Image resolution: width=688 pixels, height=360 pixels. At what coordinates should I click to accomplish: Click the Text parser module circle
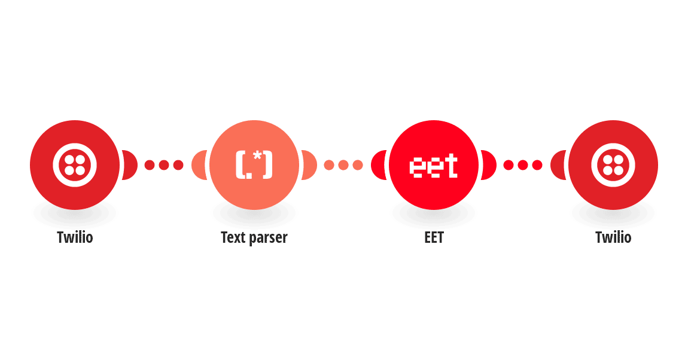254,165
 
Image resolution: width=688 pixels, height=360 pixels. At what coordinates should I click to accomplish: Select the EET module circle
434,165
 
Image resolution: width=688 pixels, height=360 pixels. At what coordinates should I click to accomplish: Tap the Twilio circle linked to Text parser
75,165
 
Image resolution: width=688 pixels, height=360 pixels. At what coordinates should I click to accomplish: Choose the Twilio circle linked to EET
613,165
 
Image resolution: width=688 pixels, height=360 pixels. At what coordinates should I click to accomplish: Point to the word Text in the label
233,237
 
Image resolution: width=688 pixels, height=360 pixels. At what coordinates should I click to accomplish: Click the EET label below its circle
434,237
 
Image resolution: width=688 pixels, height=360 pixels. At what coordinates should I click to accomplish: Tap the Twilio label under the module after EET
613,237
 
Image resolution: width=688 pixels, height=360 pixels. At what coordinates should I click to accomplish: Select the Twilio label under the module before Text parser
75,237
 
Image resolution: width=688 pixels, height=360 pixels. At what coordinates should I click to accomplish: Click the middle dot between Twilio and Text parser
164,165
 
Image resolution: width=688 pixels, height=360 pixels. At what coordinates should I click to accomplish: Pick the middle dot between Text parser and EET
343,165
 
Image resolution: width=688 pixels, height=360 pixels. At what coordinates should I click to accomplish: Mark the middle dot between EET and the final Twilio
523,165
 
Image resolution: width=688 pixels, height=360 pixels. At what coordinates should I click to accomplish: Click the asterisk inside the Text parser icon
258,155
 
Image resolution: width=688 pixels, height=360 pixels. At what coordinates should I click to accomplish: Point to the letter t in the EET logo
450,165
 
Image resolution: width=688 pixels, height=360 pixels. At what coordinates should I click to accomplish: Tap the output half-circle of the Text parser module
309,165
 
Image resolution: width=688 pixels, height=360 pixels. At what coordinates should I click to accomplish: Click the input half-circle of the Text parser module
199,165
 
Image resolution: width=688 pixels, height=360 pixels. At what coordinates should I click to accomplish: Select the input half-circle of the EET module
378,165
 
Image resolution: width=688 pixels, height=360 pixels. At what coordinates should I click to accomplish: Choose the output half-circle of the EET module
489,165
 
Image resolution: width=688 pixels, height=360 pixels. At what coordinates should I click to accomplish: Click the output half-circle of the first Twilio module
130,165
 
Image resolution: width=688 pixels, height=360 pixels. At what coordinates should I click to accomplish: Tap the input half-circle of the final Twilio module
558,165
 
